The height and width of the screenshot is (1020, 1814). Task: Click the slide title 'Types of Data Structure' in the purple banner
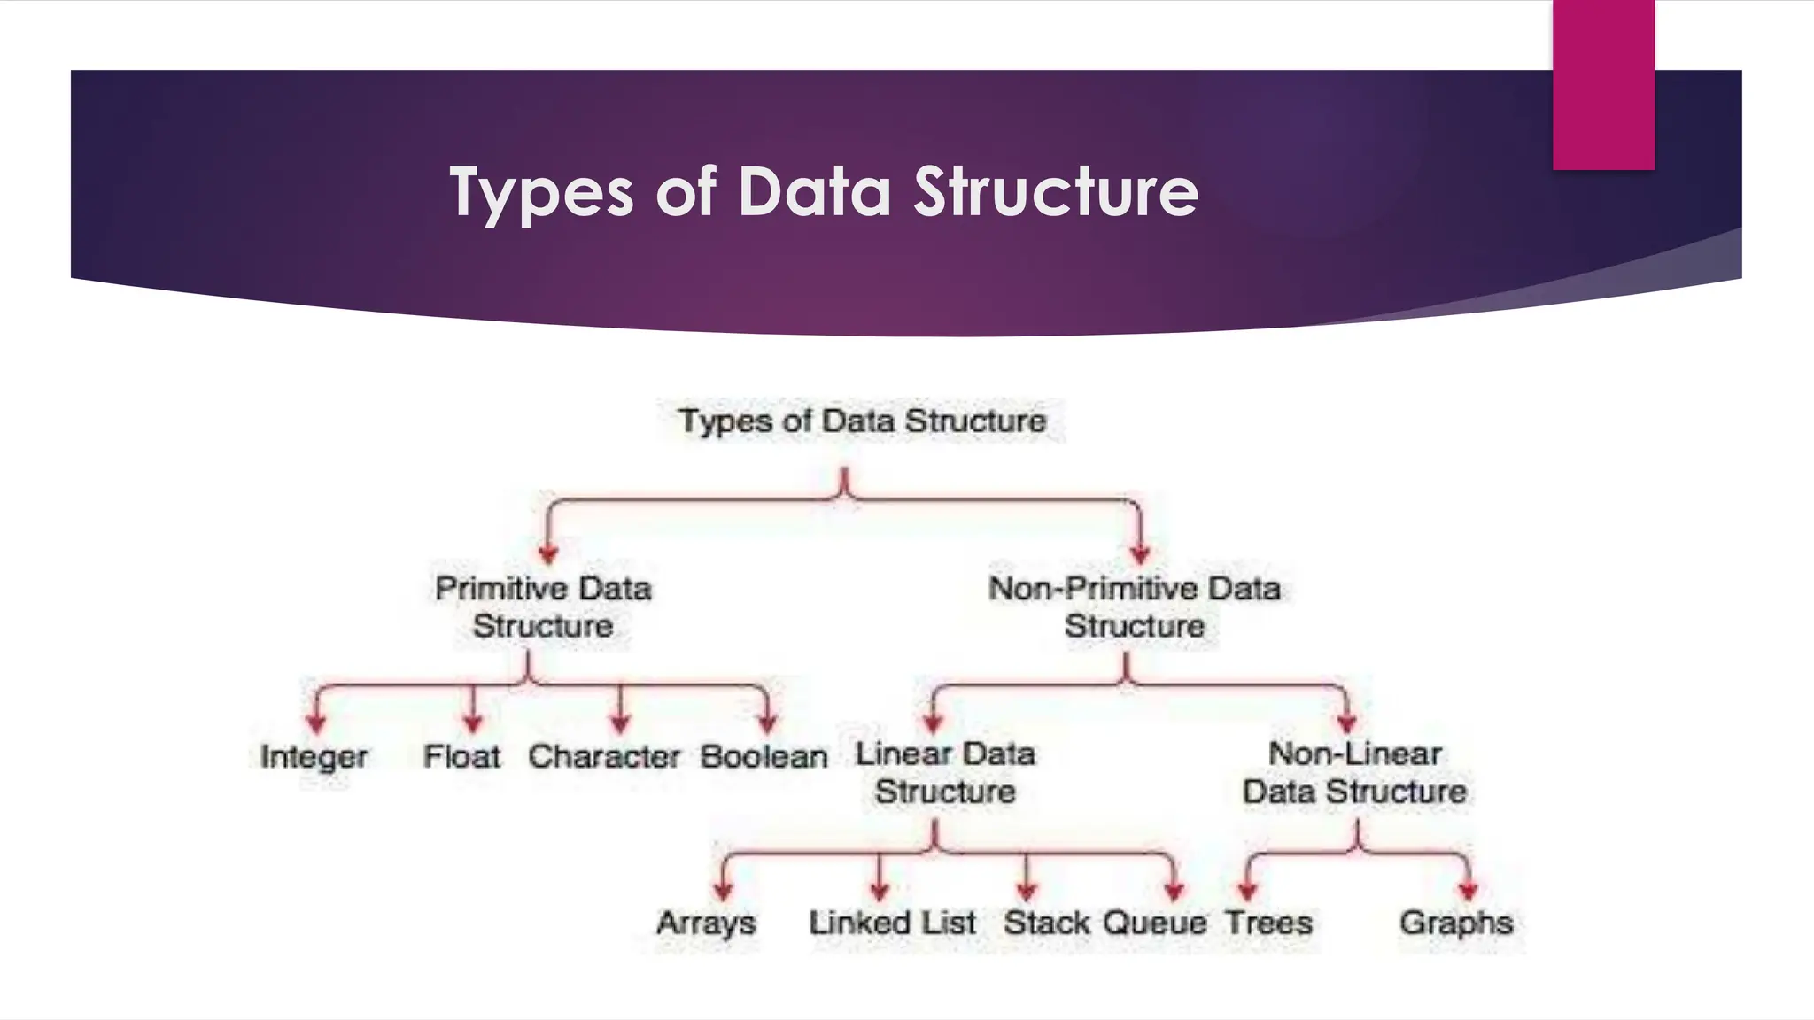824,191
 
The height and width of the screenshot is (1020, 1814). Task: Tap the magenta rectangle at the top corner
1603,85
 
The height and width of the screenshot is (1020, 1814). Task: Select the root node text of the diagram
862,421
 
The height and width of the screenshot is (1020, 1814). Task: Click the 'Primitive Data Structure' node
543,607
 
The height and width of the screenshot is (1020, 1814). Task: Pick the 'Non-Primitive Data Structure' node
1135,607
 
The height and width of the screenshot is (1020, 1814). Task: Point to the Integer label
314,757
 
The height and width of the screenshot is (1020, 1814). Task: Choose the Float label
461,757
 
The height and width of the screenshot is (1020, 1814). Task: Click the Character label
604,757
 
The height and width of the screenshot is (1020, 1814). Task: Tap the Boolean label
764,757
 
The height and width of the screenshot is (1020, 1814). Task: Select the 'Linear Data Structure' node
945,773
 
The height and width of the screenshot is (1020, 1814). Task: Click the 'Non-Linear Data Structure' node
1354,773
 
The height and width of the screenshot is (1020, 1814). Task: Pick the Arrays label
706,923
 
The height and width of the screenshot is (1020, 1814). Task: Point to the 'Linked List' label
892,923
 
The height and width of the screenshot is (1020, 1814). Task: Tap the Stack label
1047,923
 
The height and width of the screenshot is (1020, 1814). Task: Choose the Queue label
1155,923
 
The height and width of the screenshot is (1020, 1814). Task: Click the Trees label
1268,923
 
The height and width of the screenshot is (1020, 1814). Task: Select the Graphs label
1456,923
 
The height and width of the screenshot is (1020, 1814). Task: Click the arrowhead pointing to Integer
316,723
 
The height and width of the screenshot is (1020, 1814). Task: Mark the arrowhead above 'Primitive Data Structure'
548,554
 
